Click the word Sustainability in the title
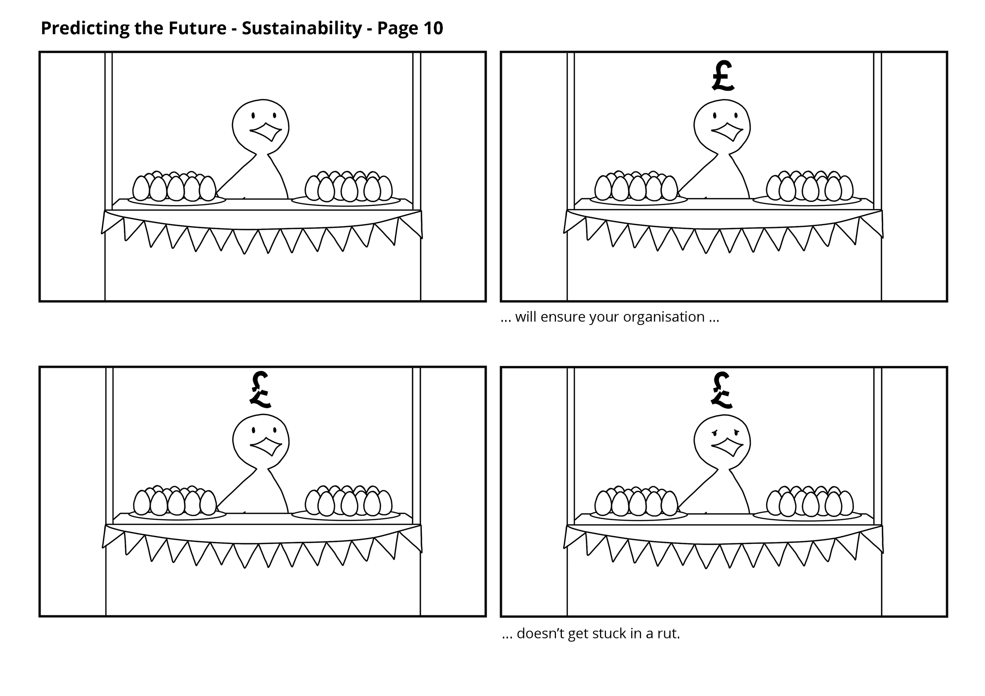coord(301,29)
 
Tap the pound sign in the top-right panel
coord(723,76)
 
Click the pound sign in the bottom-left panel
coord(260,390)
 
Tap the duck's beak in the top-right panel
coord(728,132)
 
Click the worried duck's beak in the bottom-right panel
coord(728,446)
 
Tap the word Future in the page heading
coord(197,29)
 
